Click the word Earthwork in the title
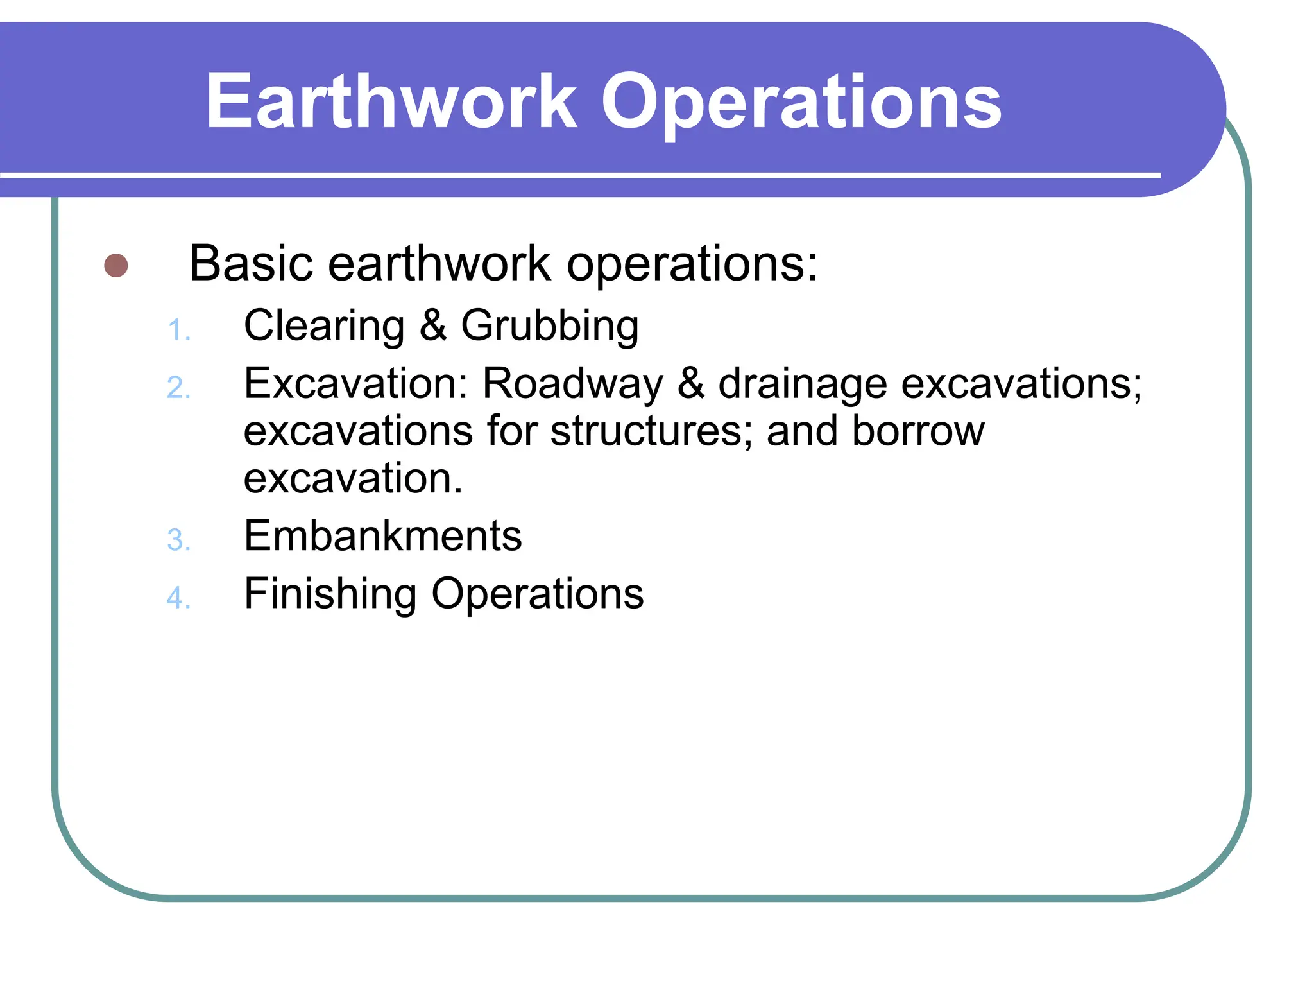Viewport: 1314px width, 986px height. (x=391, y=101)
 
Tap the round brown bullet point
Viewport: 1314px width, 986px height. (x=116, y=265)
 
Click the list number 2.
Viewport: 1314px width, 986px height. (x=178, y=388)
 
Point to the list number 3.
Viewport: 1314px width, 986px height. (x=178, y=541)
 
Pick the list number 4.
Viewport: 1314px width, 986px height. (x=178, y=598)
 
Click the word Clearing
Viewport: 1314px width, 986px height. (x=324, y=326)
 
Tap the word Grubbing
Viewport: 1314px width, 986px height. (x=550, y=326)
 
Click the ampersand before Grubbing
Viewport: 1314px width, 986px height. (x=433, y=325)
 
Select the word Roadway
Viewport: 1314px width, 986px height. (x=572, y=384)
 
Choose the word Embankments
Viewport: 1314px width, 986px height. (x=382, y=536)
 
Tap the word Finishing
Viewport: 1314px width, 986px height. (x=330, y=594)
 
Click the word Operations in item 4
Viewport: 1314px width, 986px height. (x=537, y=594)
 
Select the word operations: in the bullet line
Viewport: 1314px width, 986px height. (x=692, y=264)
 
